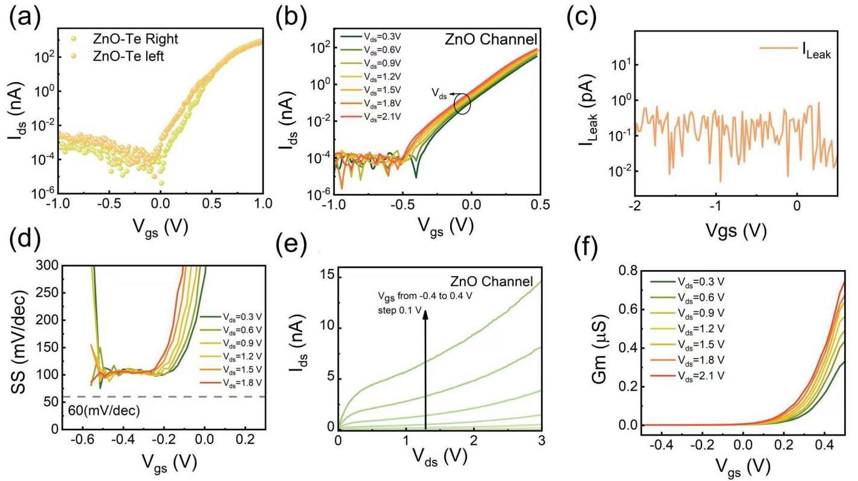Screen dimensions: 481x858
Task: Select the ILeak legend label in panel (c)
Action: point(816,53)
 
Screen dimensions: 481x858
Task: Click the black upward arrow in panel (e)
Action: point(425,369)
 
